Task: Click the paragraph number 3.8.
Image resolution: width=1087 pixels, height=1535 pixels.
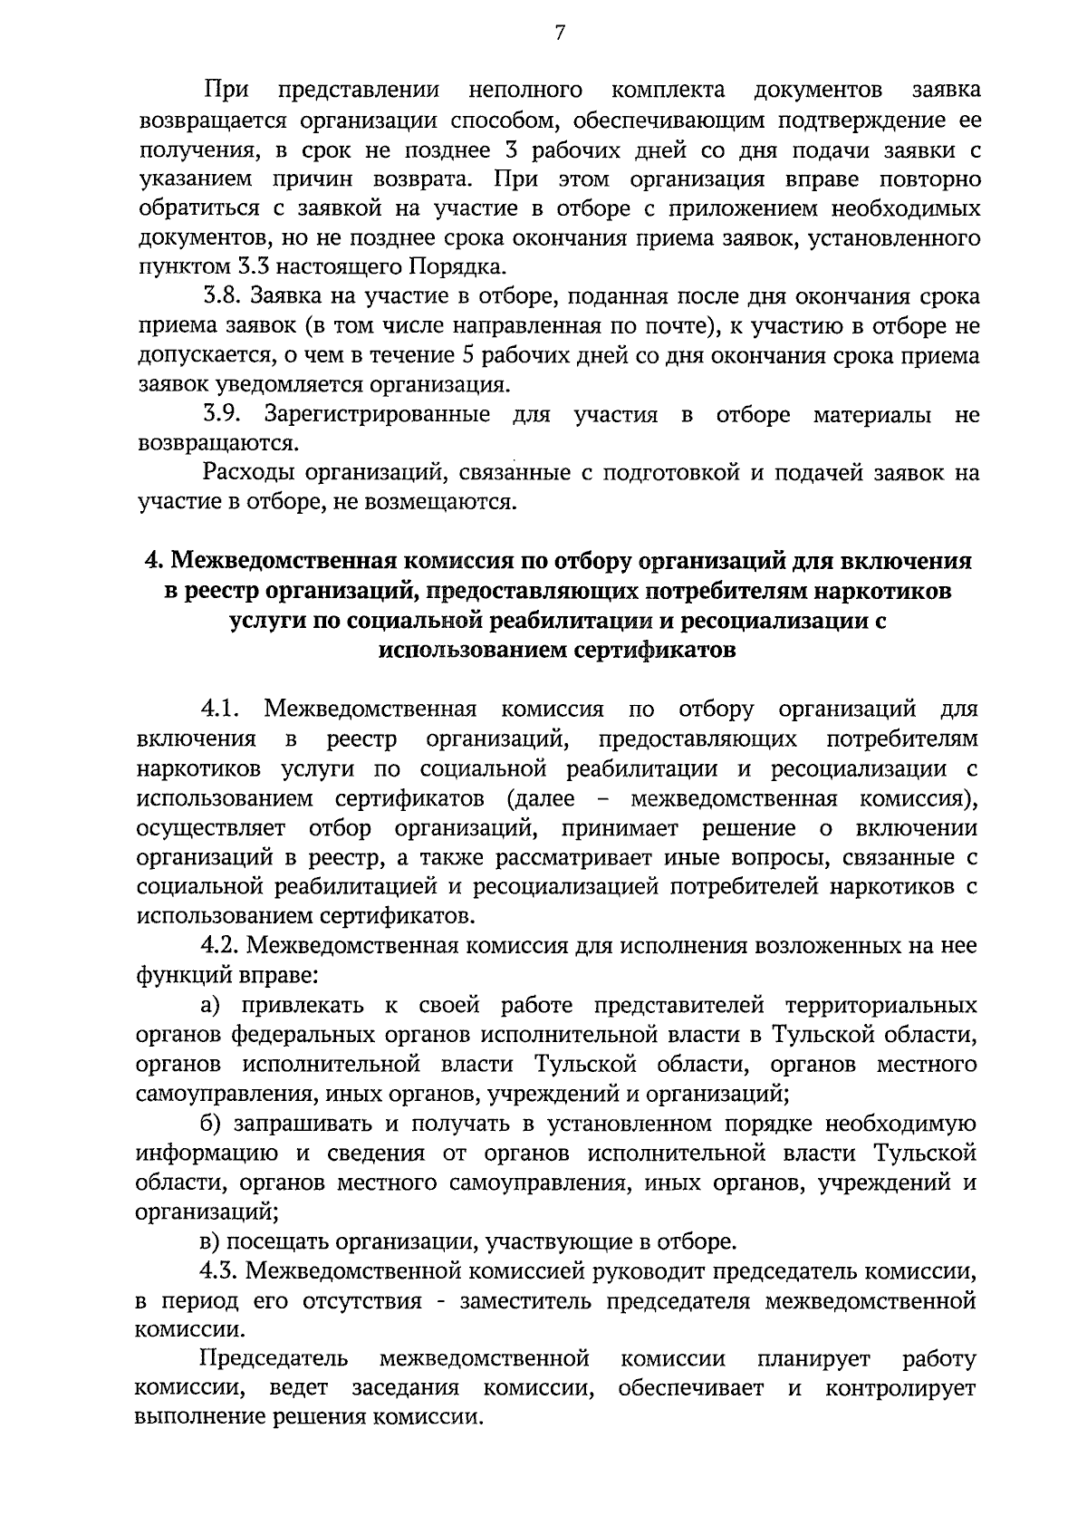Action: click(222, 297)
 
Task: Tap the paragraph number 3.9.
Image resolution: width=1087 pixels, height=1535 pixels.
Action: click(222, 415)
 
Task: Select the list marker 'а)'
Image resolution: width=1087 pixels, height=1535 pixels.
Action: click(211, 1005)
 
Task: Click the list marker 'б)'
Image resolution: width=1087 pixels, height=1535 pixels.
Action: click(212, 1124)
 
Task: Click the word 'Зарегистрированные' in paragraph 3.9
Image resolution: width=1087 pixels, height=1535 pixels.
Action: click(378, 415)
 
